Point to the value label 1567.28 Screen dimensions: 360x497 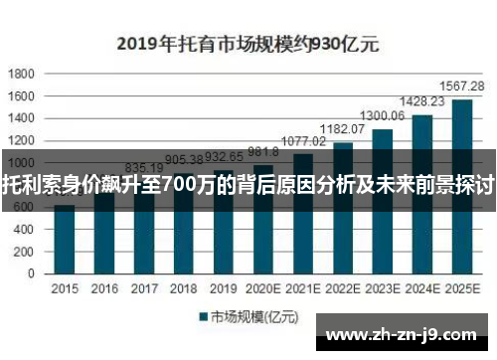[x=463, y=87]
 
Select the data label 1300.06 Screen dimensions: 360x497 [x=383, y=116]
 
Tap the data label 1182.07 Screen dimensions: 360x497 [x=342, y=129]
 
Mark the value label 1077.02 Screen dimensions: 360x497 [x=303, y=141]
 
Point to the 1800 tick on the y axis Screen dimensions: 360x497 [x=22, y=74]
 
